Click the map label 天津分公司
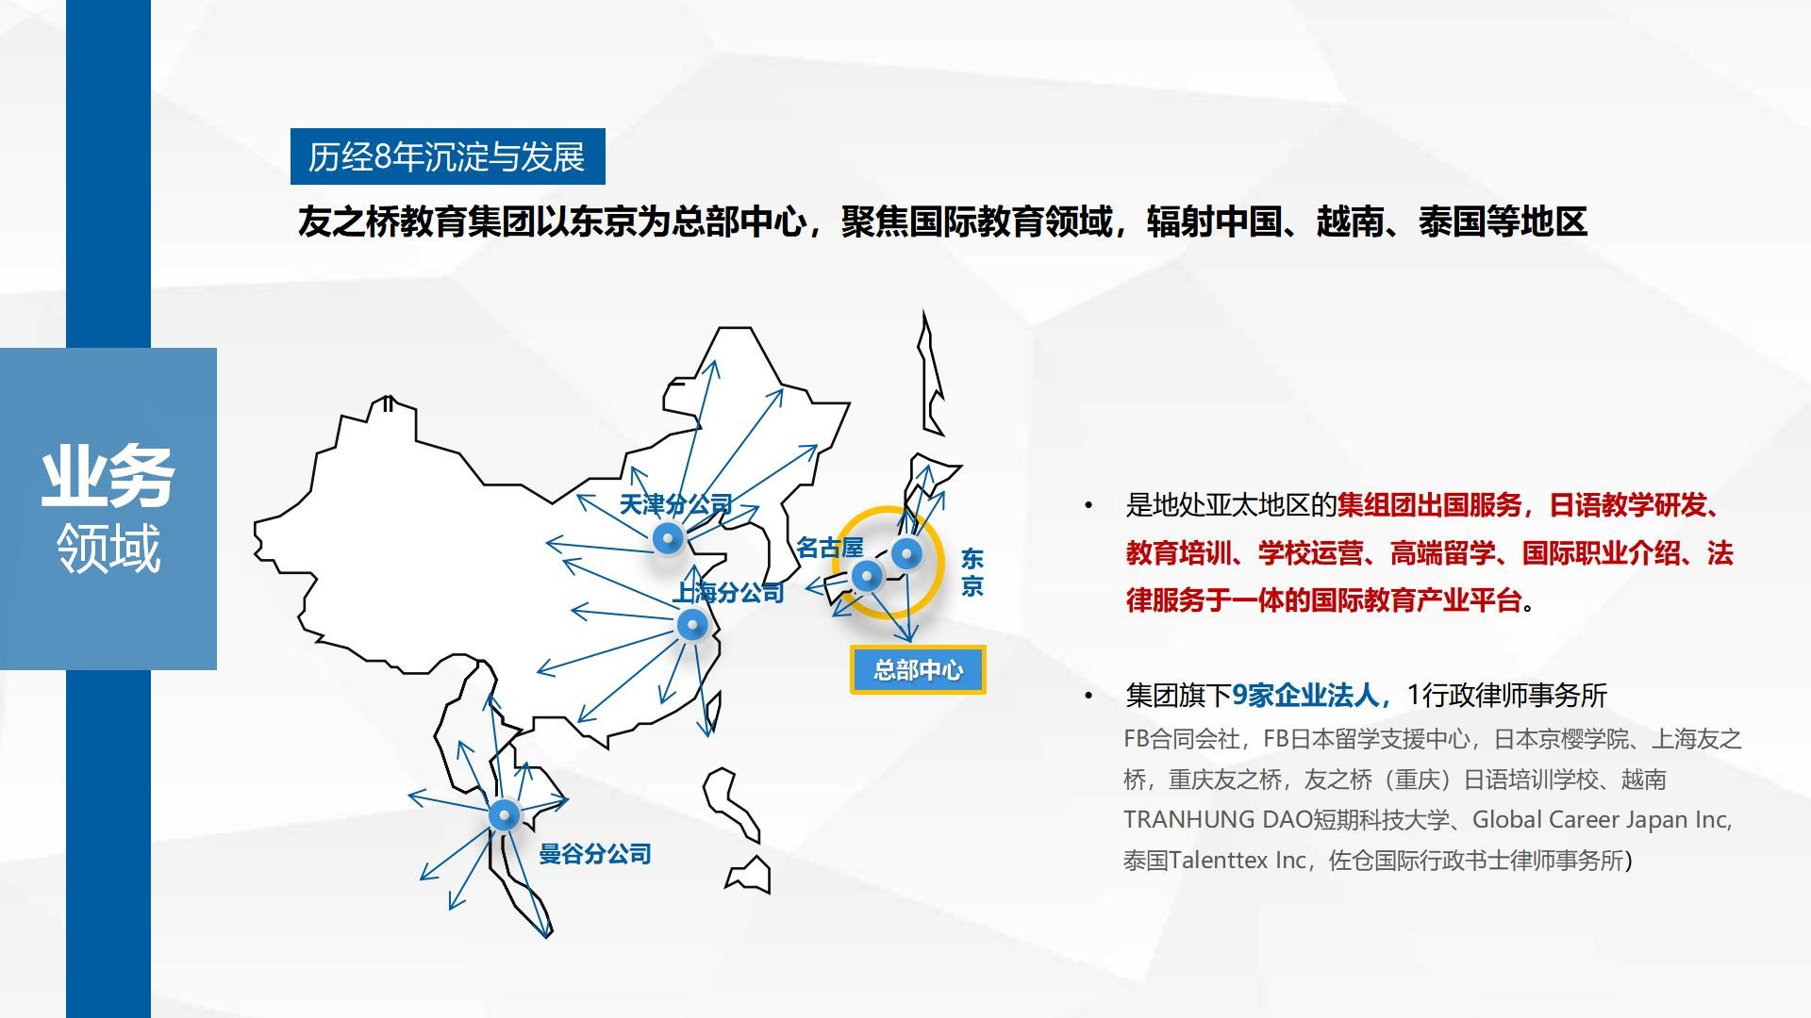[x=675, y=505]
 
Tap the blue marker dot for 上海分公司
[x=692, y=624]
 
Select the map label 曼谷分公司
[x=595, y=854]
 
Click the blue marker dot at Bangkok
[x=504, y=814]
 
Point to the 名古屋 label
[x=830, y=548]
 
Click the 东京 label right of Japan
[x=972, y=572]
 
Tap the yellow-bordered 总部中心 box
[x=918, y=670]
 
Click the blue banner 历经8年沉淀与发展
[x=447, y=156]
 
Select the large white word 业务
[x=108, y=477]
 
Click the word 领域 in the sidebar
[x=108, y=548]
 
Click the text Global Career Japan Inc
[x=1601, y=820]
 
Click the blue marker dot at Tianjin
[x=668, y=538]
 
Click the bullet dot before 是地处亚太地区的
[x=1088, y=506]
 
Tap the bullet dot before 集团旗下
[x=1088, y=697]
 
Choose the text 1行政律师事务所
[x=1506, y=696]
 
